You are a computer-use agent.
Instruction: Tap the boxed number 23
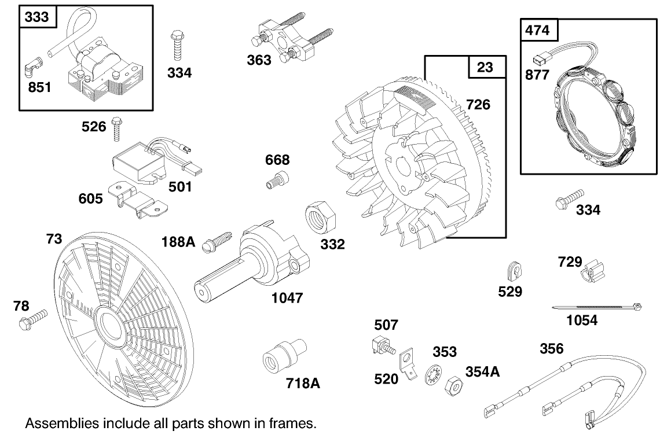click(485, 68)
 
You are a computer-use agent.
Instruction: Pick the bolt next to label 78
click(32, 319)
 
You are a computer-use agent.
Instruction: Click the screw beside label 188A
click(218, 241)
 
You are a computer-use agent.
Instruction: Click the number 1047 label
click(287, 298)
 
